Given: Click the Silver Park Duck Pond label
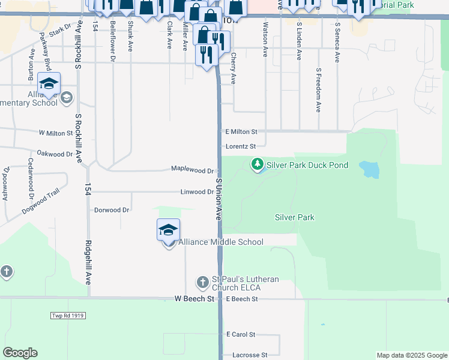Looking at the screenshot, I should pyautogui.click(x=307, y=165).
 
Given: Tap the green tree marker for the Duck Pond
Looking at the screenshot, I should pyautogui.click(x=257, y=163).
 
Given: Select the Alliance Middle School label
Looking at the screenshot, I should pyautogui.click(x=220, y=242).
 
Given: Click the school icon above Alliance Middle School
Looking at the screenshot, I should pyautogui.click(x=169, y=229).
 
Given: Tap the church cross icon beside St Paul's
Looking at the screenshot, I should pyautogui.click(x=203, y=281).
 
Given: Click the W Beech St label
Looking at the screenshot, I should pyautogui.click(x=194, y=298).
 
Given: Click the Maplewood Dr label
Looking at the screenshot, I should pyautogui.click(x=193, y=170).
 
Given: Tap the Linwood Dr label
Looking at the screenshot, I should pyautogui.click(x=197, y=192).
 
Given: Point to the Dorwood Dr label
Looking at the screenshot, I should pyautogui.click(x=112, y=210).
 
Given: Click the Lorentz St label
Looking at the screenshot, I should pyautogui.click(x=241, y=146).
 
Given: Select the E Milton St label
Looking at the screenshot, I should pyautogui.click(x=241, y=131).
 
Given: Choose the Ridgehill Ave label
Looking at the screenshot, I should pyautogui.click(x=88, y=262).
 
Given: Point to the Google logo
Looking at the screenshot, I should pyautogui.click(x=20, y=353).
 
